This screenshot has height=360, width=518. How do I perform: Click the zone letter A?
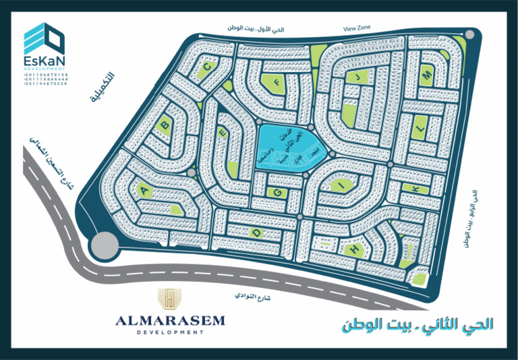tap(143, 191)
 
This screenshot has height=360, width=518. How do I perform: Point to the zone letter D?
tap(256, 233)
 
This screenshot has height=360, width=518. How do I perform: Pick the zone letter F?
tap(275, 83)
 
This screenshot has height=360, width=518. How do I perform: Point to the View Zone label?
tap(357, 29)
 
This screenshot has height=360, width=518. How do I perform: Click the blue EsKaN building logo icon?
tap(45, 41)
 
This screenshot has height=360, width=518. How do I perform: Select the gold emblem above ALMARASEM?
tap(170, 298)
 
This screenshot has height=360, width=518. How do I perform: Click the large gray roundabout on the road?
tap(104, 245)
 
